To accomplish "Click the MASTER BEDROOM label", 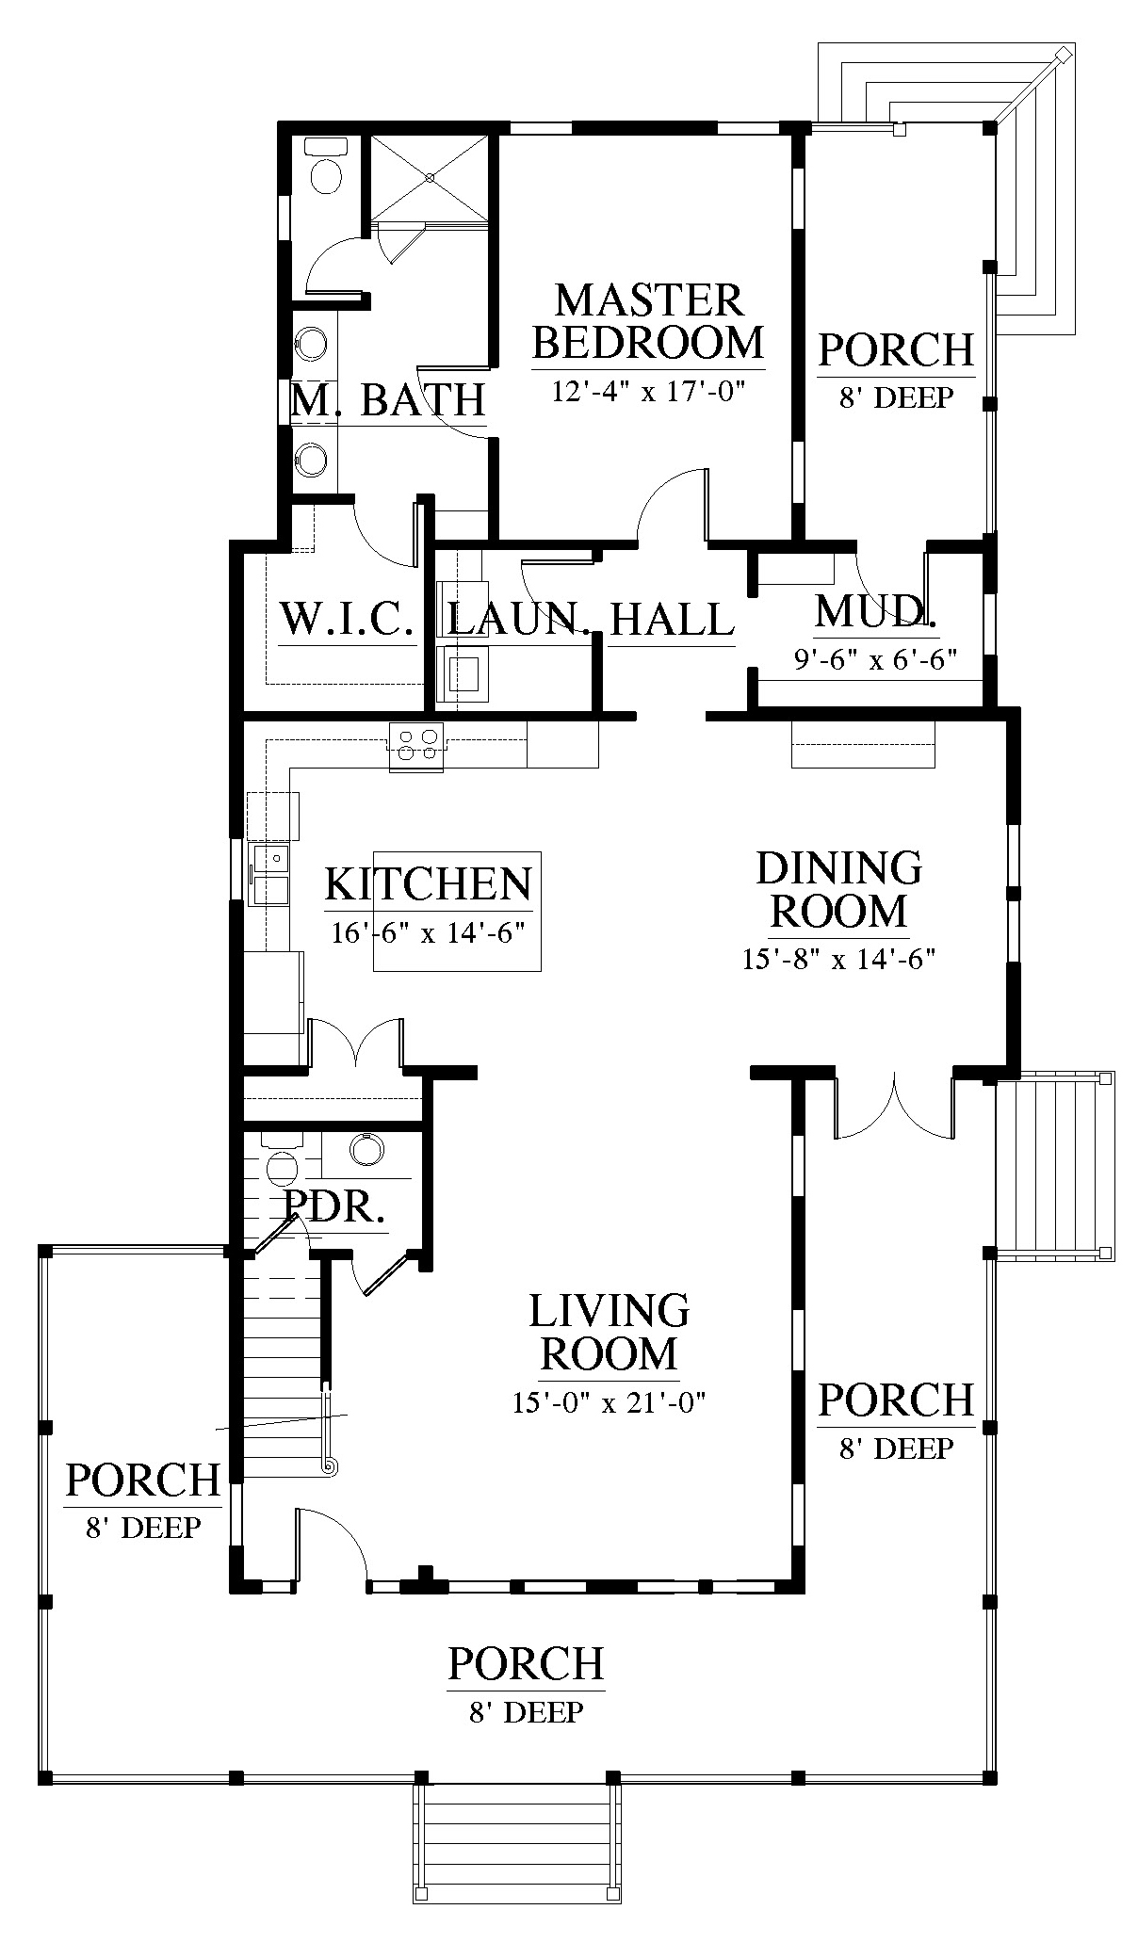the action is pos(648,321).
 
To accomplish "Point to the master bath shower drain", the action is pos(430,177).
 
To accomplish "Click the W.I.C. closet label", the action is pos(348,620).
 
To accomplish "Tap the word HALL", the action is pos(672,620).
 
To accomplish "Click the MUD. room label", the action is pos(876,611).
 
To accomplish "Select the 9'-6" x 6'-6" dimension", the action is pos(875,660).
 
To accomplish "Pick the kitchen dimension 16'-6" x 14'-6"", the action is pos(428,933).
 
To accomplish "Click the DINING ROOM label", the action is pos(838,889).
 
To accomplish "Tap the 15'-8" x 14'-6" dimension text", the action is pos(837,960).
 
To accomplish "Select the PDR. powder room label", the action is pos(333,1206).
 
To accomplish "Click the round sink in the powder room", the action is pos(366,1149).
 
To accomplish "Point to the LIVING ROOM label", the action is pos(610,1332).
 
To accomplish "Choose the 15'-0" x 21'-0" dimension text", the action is pos(610,1402).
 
